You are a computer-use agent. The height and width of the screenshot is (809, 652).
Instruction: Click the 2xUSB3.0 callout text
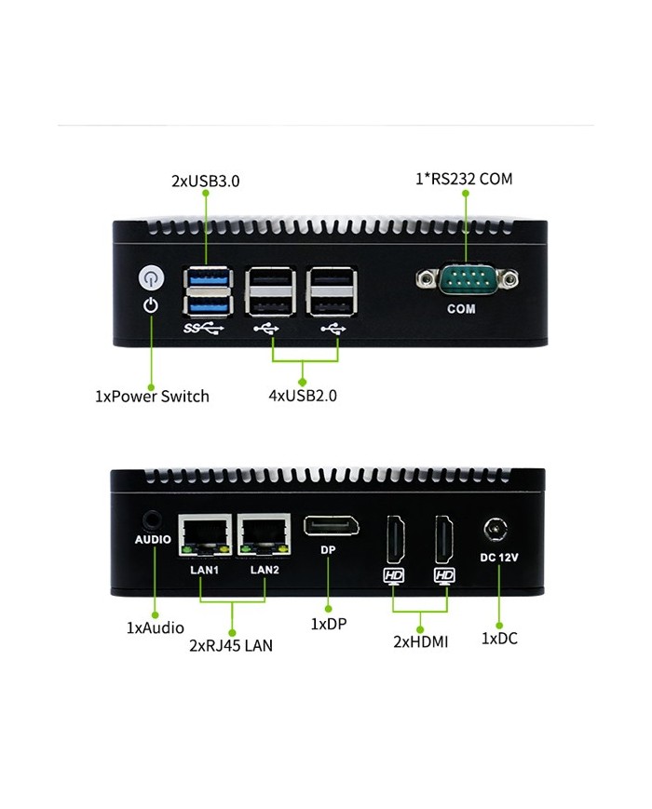tap(205, 182)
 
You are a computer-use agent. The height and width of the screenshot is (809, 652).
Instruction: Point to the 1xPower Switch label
tap(152, 396)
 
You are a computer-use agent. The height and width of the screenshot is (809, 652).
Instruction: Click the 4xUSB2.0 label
tap(302, 396)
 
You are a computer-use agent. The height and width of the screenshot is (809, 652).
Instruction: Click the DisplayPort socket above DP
tap(331, 527)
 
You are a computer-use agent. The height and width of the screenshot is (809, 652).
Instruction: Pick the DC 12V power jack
tap(496, 530)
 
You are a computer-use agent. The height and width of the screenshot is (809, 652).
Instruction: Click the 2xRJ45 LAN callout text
tap(231, 645)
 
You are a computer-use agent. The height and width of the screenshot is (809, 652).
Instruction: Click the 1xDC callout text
tap(498, 638)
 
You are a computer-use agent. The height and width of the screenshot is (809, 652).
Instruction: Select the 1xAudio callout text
tap(155, 627)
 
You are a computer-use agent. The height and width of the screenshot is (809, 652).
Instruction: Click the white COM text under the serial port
tap(461, 309)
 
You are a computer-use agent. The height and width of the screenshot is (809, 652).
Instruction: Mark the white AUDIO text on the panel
tap(153, 539)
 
